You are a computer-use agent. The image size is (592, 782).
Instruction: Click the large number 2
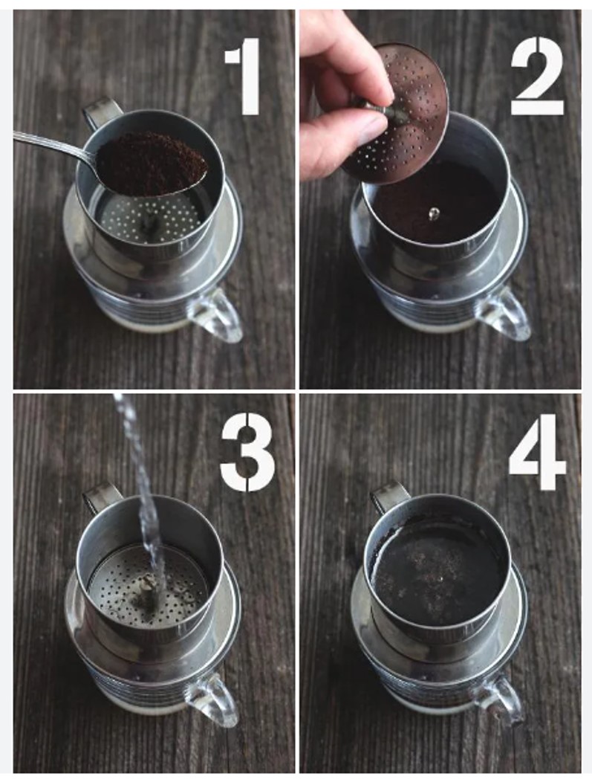click(x=537, y=76)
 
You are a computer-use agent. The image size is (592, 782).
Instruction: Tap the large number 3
click(x=247, y=453)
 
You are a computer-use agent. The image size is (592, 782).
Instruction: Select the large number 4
click(x=537, y=453)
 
